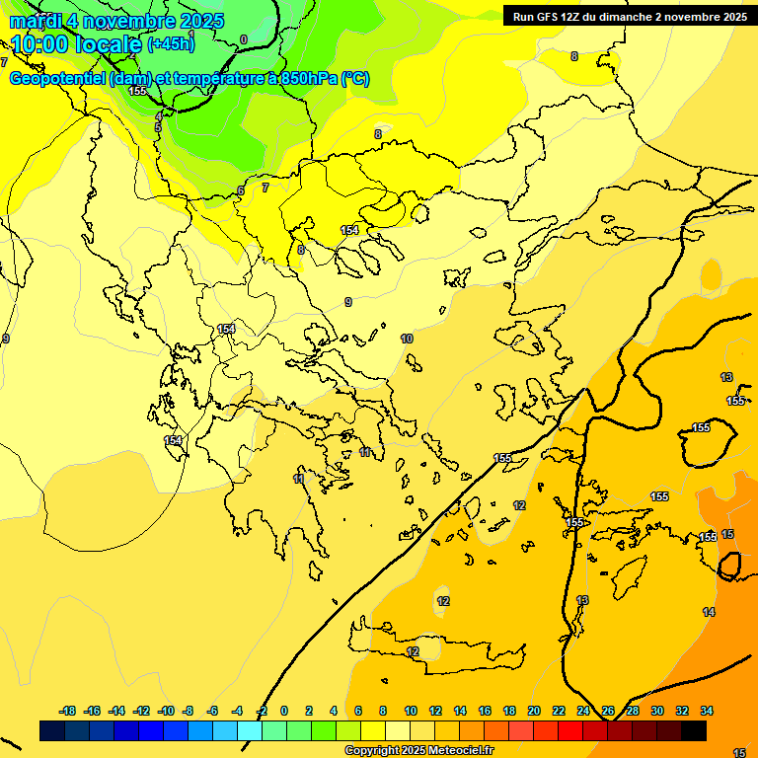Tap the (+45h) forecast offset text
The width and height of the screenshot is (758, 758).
pos(171,44)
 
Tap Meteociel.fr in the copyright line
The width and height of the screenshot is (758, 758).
pos(457,751)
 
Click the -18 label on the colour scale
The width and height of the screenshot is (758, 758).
pos(68,711)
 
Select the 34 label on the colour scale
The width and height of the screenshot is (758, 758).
pos(706,711)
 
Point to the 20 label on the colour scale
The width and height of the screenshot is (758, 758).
pos(534,711)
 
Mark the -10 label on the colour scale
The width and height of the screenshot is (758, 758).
pos(166,711)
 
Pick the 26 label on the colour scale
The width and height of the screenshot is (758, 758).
pos(608,711)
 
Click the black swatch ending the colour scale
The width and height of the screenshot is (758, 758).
pos(694,730)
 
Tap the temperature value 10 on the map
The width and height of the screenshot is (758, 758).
pos(407,339)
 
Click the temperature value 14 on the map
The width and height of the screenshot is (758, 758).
pos(709,612)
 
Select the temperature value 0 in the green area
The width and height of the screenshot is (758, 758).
pos(244,39)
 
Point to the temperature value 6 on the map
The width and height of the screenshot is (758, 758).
pos(240,190)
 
